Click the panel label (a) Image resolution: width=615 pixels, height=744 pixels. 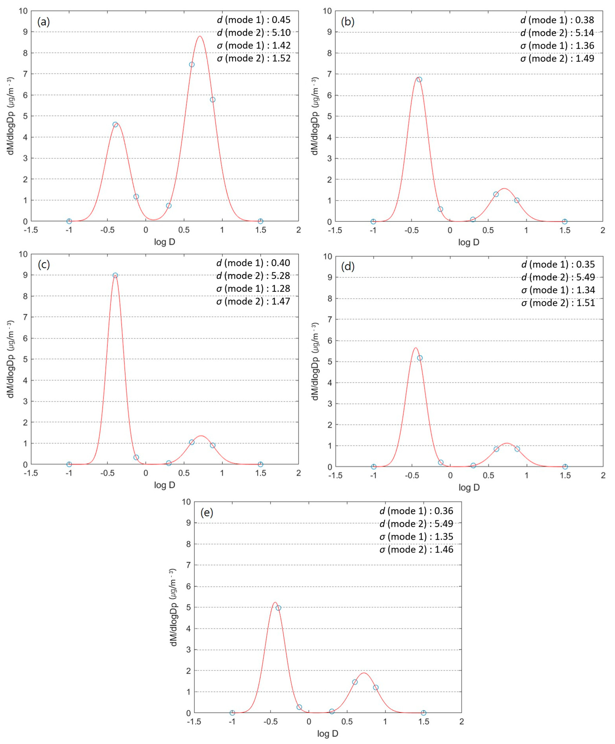[43, 22]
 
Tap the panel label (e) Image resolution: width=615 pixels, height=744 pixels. [207, 513]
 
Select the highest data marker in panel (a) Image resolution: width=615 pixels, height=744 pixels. [192, 65]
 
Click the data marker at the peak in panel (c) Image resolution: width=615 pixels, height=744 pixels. [115, 275]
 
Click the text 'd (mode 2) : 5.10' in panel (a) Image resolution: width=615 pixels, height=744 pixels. [254, 33]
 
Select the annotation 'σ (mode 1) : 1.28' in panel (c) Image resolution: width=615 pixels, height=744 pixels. [253, 288]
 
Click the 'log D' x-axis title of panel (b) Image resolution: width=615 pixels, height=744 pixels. [468, 242]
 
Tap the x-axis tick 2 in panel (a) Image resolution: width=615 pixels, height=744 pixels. [298, 230]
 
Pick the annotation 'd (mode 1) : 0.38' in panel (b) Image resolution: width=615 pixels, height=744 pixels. [557, 20]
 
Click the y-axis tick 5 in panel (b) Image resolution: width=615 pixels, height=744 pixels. [329, 116]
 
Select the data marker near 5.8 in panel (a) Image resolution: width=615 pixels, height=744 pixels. [212, 100]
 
